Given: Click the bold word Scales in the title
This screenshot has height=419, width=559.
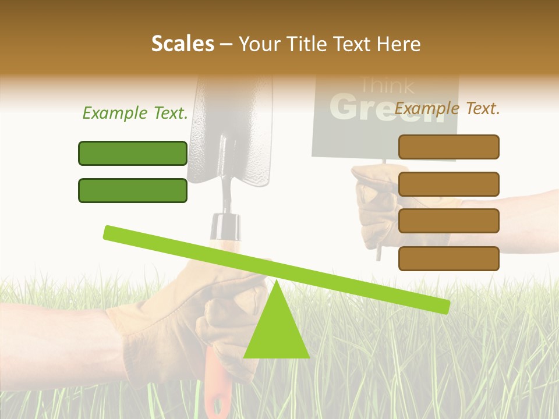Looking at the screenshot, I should click(x=182, y=44).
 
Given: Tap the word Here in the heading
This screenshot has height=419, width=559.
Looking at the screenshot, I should click(x=398, y=44).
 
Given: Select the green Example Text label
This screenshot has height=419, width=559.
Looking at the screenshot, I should click(x=135, y=113).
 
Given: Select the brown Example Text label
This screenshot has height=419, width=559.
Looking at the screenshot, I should click(x=447, y=108).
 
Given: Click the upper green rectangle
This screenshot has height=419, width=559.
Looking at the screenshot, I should click(x=133, y=153).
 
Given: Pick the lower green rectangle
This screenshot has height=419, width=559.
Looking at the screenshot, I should click(x=133, y=190).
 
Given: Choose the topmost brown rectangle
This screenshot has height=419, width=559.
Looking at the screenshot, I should click(x=448, y=147).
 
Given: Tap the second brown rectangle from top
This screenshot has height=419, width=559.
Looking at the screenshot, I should click(x=448, y=184).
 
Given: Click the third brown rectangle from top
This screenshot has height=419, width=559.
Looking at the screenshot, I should click(x=448, y=221).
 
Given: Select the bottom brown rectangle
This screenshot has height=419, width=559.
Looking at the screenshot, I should click(x=448, y=258).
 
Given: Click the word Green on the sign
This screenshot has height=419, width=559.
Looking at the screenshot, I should click(x=384, y=108).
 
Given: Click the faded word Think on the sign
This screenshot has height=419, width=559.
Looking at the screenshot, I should click(x=387, y=86).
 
